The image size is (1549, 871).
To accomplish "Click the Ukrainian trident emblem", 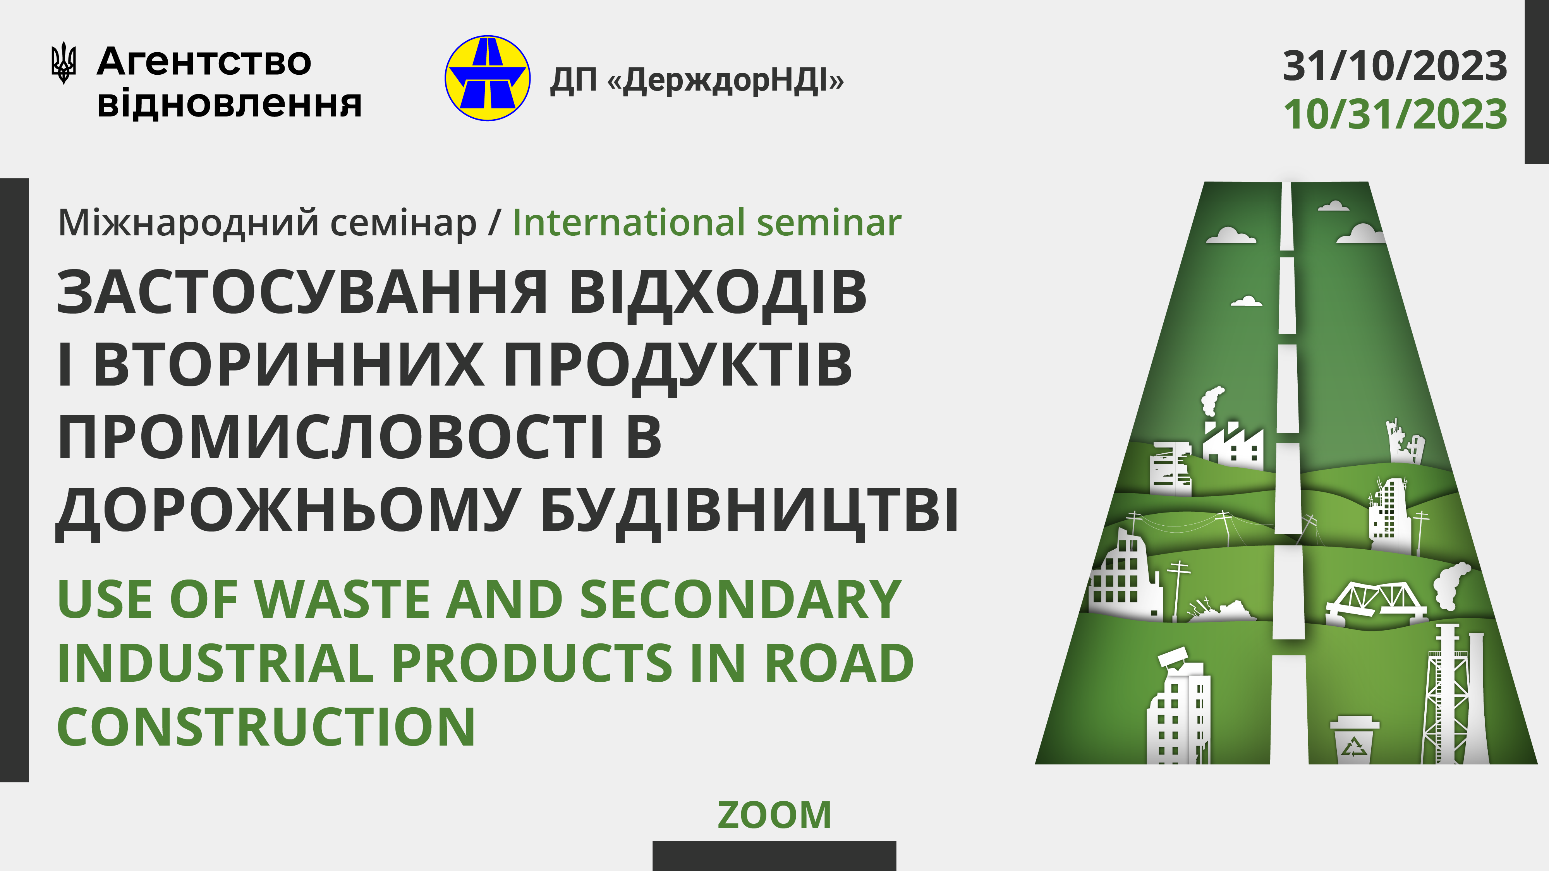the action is pyautogui.click(x=63, y=62).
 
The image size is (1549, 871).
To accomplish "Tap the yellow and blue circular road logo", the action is pyautogui.click(x=487, y=78).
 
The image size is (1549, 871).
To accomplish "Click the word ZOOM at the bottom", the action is pyautogui.click(x=774, y=815).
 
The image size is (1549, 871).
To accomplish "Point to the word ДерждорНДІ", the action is pyautogui.click(x=726, y=80).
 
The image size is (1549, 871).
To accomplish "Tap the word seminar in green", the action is pyautogui.click(x=829, y=223).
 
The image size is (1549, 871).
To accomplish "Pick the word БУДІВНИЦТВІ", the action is pyautogui.click(x=749, y=511).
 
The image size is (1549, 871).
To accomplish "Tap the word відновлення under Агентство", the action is pyautogui.click(x=229, y=103).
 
